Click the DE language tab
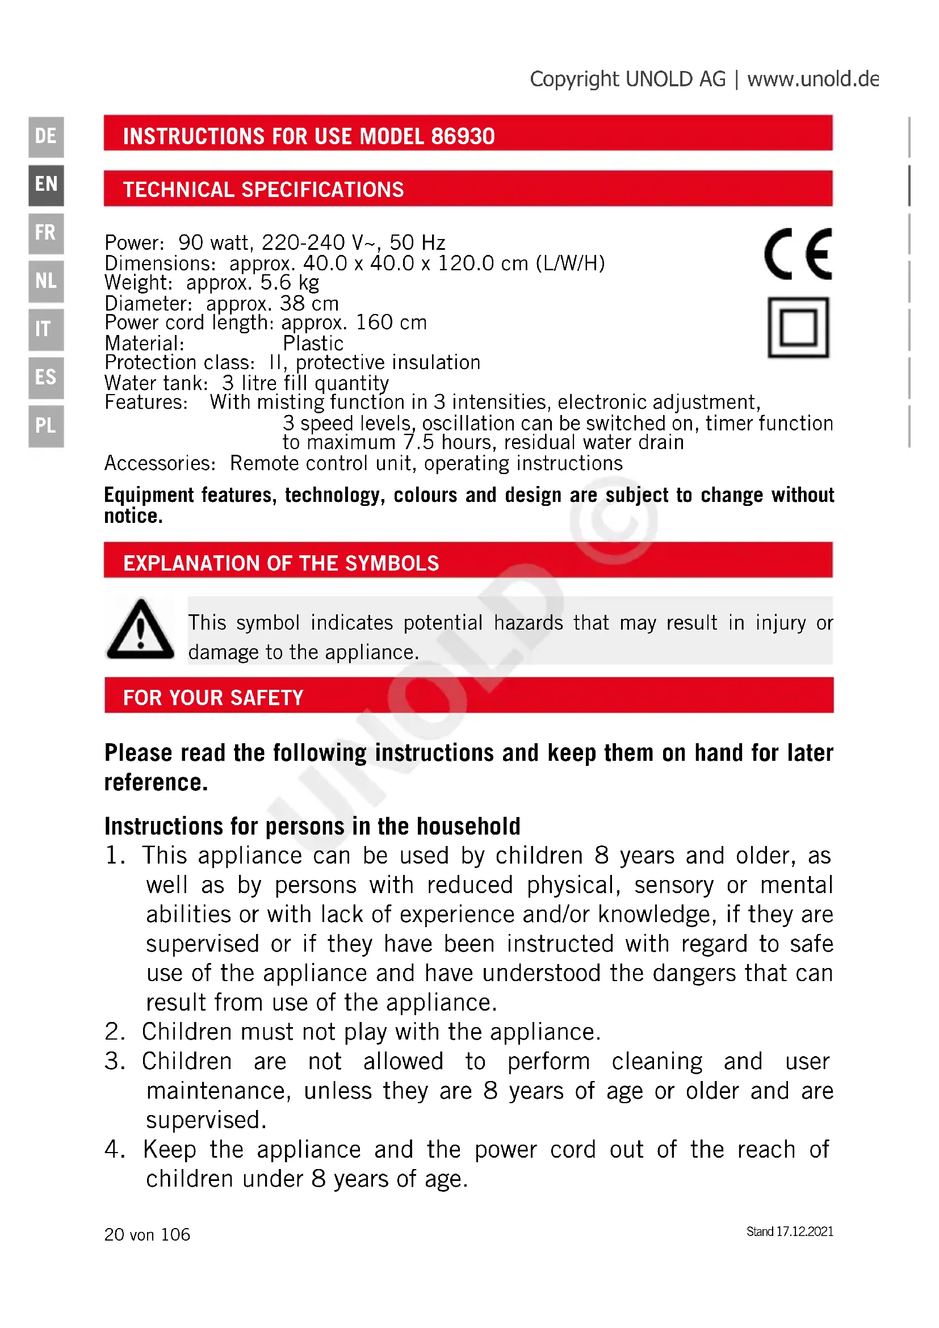45,136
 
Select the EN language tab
45,185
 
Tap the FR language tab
45,233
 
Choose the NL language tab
45,281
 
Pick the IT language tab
45,329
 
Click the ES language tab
45,378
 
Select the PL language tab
45,426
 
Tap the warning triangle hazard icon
140,630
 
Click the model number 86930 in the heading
463,136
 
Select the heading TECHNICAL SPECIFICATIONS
263,190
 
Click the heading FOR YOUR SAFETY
213,698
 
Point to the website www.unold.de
812,79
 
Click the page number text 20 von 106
147,1234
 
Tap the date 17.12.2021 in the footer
804,1231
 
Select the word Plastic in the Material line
313,343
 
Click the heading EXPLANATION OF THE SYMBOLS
281,563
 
